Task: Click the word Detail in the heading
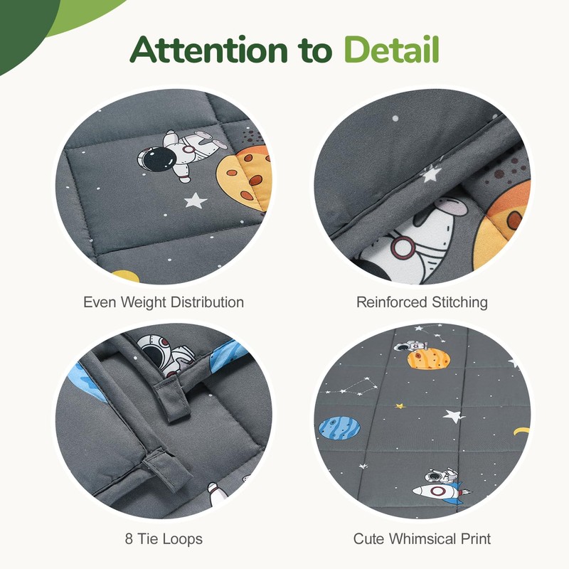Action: coord(392,49)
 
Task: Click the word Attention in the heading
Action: coord(209,49)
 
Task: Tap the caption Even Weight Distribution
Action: coord(164,302)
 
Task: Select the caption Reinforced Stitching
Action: coord(422,302)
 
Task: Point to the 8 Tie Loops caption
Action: coord(164,538)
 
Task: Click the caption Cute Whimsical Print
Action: coord(422,538)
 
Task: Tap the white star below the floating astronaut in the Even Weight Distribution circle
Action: coord(195,201)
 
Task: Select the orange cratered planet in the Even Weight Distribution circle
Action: coord(245,179)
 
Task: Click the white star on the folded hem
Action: coord(431,174)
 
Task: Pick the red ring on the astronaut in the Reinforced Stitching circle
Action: coord(402,247)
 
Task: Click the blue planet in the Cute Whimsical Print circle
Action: coord(339,428)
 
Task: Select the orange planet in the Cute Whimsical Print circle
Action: coord(429,359)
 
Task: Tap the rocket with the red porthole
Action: coord(440,491)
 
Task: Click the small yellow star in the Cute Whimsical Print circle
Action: coord(400,405)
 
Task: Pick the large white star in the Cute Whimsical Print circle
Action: coord(454,415)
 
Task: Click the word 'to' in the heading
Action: coord(316,50)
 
